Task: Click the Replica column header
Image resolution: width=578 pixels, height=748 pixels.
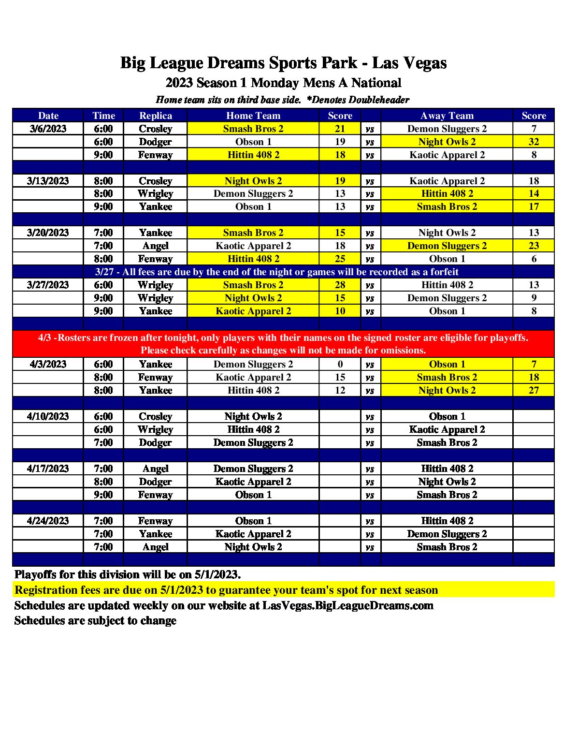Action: [155, 116]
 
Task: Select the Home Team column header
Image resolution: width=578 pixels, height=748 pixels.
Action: [253, 116]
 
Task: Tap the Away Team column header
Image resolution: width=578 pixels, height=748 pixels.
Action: [447, 116]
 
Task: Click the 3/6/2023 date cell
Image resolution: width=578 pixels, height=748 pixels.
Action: [48, 129]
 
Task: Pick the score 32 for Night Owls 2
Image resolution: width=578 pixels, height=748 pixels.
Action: [534, 142]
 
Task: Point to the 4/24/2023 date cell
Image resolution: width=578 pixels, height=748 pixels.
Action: [48, 521]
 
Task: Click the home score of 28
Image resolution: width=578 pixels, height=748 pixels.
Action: [340, 285]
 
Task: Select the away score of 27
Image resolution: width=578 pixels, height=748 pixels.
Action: [534, 390]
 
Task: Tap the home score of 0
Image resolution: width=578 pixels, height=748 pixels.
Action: [340, 364]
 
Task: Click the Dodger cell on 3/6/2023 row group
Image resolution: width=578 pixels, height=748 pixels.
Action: [155, 142]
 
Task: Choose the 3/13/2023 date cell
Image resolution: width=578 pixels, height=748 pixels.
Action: [48, 181]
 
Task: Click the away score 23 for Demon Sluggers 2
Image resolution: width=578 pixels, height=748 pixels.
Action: [534, 246]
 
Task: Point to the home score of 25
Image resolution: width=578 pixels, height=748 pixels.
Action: [340, 259]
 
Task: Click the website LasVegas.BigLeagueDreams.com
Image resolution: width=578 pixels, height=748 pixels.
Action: [347, 605]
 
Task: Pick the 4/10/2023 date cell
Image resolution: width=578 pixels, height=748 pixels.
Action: [48, 416]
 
